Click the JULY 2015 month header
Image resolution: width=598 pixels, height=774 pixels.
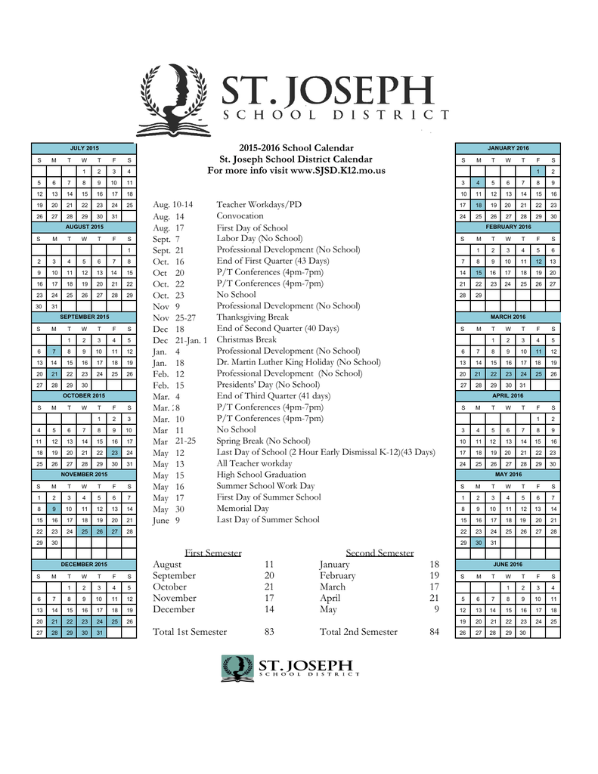83,147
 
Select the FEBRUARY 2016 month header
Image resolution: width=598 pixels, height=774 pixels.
508,227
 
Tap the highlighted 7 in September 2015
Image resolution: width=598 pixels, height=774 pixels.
54,351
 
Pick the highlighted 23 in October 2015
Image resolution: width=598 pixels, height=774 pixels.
113,452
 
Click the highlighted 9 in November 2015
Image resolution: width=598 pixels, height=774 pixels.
54,509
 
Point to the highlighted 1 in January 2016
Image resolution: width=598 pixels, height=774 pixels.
538,171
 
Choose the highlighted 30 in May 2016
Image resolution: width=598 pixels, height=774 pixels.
479,543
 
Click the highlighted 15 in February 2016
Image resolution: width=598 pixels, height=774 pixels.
479,272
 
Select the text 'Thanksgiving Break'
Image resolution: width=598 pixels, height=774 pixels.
253,317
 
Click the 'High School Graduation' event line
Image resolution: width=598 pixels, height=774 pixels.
259,475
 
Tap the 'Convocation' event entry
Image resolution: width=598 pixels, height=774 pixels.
240,216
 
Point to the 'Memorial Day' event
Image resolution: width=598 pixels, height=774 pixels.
243,509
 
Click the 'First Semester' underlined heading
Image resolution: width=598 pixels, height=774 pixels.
213,553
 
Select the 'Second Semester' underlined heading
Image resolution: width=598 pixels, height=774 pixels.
380,553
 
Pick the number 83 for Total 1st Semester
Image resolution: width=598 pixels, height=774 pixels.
269,632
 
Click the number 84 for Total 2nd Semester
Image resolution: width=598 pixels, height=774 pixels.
434,632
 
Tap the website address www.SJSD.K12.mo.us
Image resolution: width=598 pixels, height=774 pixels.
338,171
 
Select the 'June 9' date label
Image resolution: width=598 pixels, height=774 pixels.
166,520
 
